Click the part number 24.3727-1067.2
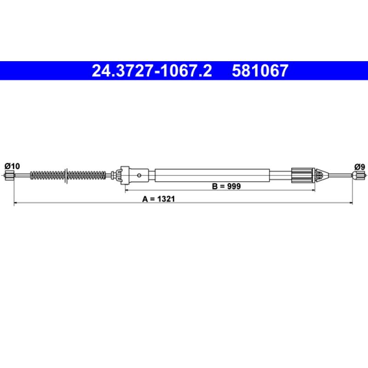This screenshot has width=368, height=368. pyautogui.click(x=152, y=71)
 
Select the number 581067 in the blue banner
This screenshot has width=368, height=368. pyautogui.click(x=260, y=71)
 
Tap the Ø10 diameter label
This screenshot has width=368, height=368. pyautogui.click(x=12, y=166)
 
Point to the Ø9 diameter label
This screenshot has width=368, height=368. pyautogui.click(x=360, y=167)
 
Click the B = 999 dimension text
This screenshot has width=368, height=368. pyautogui.click(x=226, y=186)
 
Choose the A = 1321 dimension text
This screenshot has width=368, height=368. pyautogui.click(x=158, y=199)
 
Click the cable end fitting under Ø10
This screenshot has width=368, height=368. pyautogui.click(x=9, y=175)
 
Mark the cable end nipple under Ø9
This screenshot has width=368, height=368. pyautogui.click(x=359, y=175)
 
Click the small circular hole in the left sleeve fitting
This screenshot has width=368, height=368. pyautogui.click(x=139, y=175)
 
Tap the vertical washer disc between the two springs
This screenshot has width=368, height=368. pyautogui.click(x=66, y=176)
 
